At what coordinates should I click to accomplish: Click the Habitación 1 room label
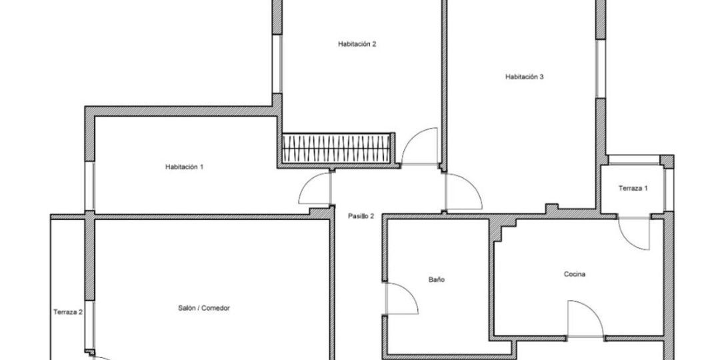click(184, 167)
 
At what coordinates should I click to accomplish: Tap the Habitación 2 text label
click(357, 45)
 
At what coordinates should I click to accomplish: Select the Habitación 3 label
click(525, 77)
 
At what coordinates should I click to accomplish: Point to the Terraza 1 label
click(633, 188)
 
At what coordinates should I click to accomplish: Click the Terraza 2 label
click(68, 312)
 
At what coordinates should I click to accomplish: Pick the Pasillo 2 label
click(361, 216)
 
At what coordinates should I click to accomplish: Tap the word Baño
click(437, 279)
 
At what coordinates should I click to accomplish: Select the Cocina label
click(575, 275)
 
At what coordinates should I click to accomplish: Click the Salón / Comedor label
click(204, 308)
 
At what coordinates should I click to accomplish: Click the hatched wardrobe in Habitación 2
click(337, 148)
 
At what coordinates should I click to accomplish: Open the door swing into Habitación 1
click(315, 188)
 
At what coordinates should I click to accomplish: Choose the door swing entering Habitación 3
click(463, 192)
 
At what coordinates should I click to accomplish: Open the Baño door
click(401, 299)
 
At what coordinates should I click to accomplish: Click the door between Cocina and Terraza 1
click(634, 233)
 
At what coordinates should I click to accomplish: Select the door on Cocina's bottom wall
click(585, 319)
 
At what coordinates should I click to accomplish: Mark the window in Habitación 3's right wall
click(601, 69)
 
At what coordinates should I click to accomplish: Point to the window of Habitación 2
click(277, 64)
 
